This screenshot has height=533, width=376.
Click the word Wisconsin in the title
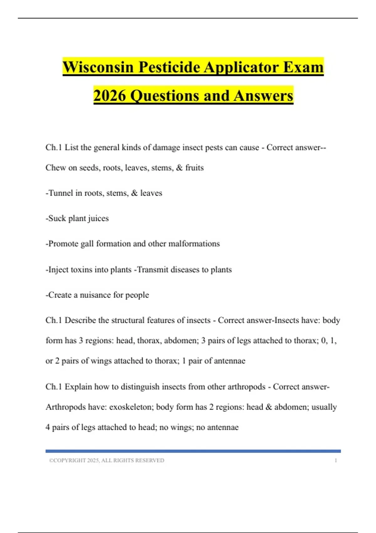(x=98, y=67)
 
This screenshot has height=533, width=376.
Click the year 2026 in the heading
(x=110, y=96)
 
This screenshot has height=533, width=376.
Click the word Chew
(x=55, y=168)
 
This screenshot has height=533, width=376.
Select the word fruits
(x=194, y=168)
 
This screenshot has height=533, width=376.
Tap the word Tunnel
(x=60, y=193)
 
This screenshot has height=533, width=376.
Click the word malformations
(x=194, y=244)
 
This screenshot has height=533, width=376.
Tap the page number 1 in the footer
(x=336, y=461)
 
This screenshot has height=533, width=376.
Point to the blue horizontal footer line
(x=193, y=451)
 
